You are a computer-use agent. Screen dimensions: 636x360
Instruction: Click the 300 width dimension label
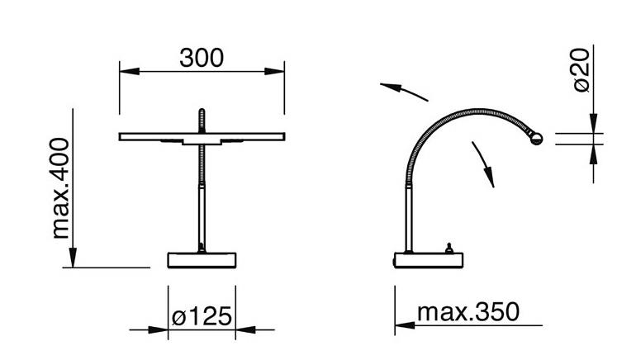[202, 58]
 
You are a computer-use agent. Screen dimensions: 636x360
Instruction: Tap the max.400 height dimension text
[60, 188]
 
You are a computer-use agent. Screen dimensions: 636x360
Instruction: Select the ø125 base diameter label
[202, 316]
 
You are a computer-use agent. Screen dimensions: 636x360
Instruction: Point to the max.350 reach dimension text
[468, 312]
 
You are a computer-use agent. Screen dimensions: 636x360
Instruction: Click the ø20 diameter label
[581, 70]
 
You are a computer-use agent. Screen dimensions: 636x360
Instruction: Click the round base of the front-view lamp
[202, 260]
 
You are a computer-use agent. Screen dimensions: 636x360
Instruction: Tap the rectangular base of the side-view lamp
[429, 260]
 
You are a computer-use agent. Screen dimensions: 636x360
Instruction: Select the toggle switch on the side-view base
[449, 248]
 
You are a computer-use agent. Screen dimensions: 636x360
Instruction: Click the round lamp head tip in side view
[536, 139]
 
